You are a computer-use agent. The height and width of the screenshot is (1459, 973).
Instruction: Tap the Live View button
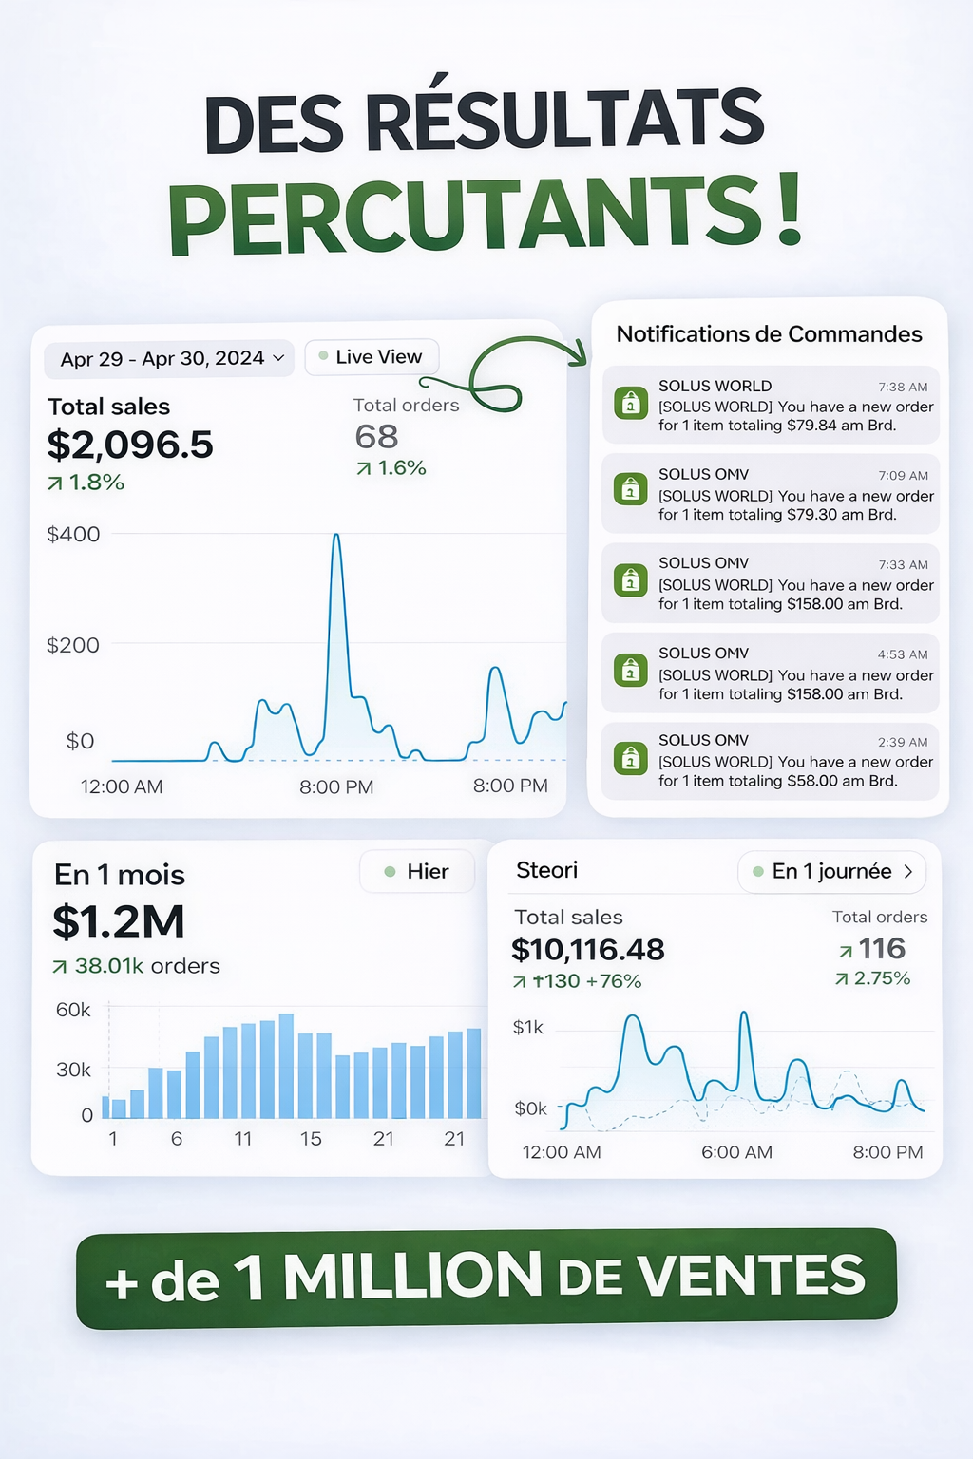click(x=372, y=356)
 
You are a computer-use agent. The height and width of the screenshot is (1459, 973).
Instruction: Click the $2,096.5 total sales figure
click(x=130, y=445)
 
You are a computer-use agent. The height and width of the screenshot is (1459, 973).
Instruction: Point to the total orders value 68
click(x=376, y=437)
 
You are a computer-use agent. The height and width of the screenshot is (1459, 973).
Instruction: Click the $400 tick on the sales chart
click(x=73, y=535)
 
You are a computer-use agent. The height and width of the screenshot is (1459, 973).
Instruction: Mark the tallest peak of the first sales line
click(x=335, y=537)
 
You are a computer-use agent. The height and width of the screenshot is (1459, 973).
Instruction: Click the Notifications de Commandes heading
click(x=769, y=334)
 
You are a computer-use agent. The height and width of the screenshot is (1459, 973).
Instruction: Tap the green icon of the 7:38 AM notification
click(x=630, y=403)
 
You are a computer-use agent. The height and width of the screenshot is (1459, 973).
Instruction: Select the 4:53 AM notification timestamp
click(x=903, y=654)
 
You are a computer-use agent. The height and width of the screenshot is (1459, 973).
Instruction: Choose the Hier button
click(x=417, y=871)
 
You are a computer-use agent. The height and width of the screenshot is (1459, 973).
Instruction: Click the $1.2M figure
click(x=119, y=921)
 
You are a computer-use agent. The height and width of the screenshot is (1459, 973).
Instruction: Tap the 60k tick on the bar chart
click(x=73, y=1010)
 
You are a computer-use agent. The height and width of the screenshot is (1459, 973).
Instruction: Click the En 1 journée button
click(x=831, y=871)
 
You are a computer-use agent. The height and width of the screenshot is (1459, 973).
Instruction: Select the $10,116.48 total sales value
click(x=587, y=950)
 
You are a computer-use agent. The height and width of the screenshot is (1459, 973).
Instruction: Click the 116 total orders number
click(x=882, y=948)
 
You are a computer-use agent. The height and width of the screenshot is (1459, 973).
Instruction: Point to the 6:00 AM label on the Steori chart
click(x=736, y=1152)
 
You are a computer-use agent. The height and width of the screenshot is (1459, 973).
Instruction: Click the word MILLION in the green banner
click(x=412, y=1276)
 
